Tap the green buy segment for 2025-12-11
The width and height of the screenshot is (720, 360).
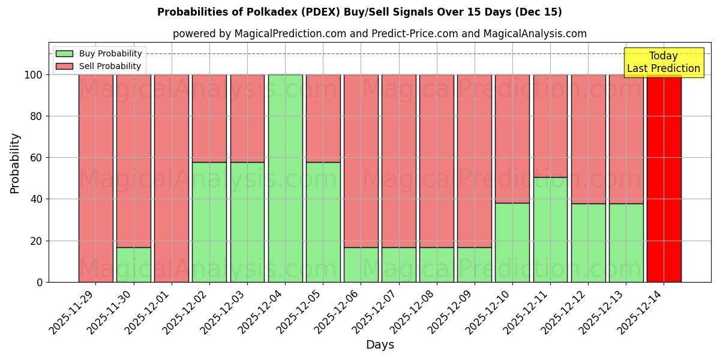[x=550, y=229]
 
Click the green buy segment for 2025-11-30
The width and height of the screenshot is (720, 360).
[x=133, y=265]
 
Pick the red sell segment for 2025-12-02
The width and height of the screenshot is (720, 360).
[x=209, y=118]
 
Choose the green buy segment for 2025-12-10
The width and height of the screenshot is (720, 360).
[x=512, y=242]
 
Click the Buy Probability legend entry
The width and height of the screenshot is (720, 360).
[x=99, y=53]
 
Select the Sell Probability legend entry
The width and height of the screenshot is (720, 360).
[x=99, y=66]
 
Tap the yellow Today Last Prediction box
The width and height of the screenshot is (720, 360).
[x=663, y=62]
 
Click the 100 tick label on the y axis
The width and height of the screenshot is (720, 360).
[x=33, y=75]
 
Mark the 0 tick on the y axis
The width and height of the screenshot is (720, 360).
[x=40, y=282]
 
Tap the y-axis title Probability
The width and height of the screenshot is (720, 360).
[x=15, y=163]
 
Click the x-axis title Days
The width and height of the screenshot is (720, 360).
[x=380, y=345]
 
